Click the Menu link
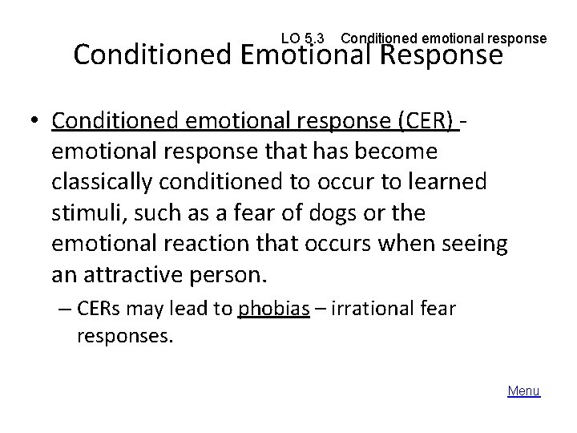(x=524, y=391)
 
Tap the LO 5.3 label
(x=304, y=38)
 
